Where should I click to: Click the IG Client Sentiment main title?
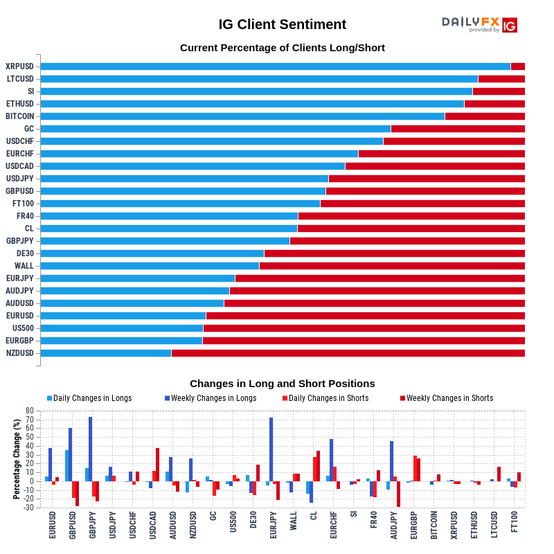coord(282,25)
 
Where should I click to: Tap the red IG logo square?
coord(510,26)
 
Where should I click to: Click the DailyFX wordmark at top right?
coord(471,22)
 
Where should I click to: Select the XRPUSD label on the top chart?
coord(19,66)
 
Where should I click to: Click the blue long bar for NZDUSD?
coord(105,353)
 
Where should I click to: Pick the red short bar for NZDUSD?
coord(348,353)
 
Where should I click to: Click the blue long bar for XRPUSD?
coord(275,66)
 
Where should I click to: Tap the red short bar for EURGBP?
coord(364,341)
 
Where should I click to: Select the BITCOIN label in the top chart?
coord(19,116)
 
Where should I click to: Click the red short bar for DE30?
coord(394,253)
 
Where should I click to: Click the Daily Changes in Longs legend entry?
coord(89,398)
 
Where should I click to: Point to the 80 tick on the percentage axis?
coord(29,411)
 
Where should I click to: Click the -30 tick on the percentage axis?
coord(28,508)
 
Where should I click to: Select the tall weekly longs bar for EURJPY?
coord(271,449)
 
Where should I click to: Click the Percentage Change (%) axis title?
coord(17,459)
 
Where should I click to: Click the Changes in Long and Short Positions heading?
coord(282,384)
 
